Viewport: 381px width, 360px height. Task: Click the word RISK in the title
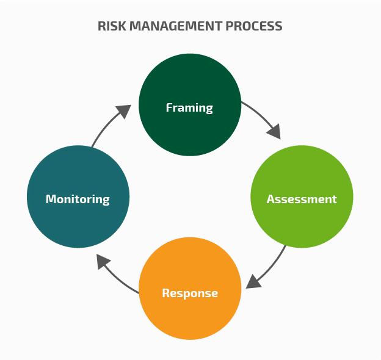pos(111,26)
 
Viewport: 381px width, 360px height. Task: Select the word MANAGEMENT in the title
pos(175,26)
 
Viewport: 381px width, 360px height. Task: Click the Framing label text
pos(189,108)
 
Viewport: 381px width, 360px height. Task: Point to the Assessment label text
pos(302,199)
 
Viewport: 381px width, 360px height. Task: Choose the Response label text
pos(190,293)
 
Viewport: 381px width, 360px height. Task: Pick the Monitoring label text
pos(78,199)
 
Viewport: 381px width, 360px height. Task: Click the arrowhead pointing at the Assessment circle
pos(274,131)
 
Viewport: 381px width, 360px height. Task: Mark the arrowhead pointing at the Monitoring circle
pos(105,263)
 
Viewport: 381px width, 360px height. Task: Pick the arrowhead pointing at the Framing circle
pos(123,112)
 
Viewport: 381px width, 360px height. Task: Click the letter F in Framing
pos(169,108)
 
